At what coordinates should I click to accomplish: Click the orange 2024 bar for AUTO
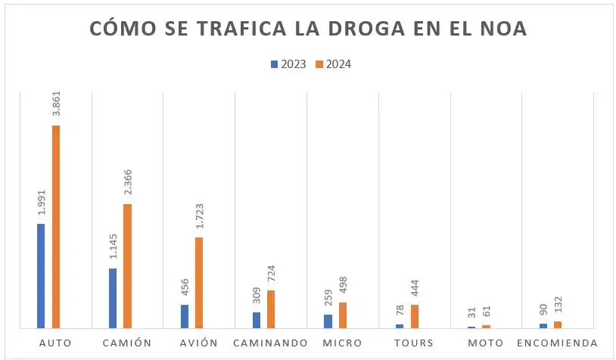click(x=55, y=227)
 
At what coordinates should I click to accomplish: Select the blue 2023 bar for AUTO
click(x=41, y=276)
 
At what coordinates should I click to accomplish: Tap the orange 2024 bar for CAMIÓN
click(x=127, y=266)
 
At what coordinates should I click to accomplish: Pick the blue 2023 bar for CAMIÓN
click(x=113, y=298)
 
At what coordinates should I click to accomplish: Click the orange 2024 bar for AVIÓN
click(x=199, y=283)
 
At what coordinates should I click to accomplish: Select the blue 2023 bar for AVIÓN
click(x=185, y=316)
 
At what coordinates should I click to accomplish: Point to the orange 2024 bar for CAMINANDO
click(x=271, y=309)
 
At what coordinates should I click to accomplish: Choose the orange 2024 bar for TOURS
click(x=415, y=316)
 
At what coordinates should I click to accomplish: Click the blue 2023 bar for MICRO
click(x=328, y=321)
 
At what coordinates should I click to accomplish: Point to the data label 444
click(x=415, y=290)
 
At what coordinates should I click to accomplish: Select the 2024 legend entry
click(x=333, y=64)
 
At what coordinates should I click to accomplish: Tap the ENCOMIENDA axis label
click(x=557, y=343)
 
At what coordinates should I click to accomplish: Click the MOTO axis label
click(x=486, y=343)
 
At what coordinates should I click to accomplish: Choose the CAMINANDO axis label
click(x=270, y=343)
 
